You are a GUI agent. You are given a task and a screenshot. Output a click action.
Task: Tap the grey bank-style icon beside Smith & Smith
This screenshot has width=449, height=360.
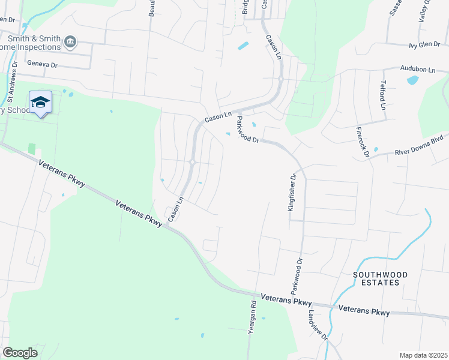tap(71, 41)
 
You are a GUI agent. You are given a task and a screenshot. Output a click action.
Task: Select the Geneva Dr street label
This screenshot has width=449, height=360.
tap(42, 63)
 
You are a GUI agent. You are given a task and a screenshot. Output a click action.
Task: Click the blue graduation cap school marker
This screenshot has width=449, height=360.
tap(40, 103)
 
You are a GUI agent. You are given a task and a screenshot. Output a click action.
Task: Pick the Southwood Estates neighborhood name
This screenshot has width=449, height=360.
tap(380, 278)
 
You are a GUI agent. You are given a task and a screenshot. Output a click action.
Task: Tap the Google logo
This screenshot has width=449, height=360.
tap(20, 353)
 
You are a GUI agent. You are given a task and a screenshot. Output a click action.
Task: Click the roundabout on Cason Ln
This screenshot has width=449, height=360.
tap(192, 161)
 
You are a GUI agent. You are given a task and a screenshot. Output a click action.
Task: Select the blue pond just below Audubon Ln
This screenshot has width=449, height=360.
tap(412, 80)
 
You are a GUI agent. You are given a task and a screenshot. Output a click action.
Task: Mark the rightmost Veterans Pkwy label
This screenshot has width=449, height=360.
tap(364, 311)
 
